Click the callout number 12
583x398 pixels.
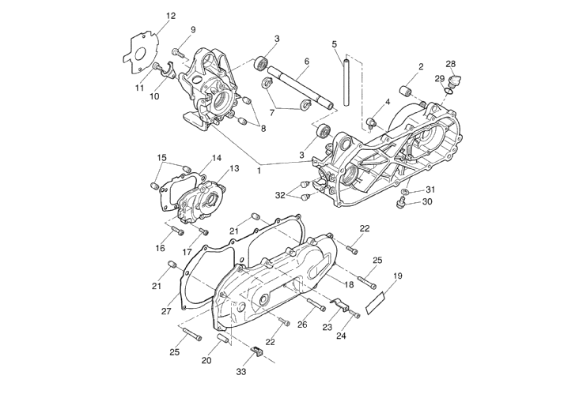coord(171,16)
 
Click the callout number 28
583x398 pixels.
coord(450,64)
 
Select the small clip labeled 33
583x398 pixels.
coord(256,350)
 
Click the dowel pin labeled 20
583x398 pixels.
coord(221,338)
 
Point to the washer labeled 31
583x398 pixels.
coord(405,192)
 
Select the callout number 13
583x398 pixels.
coord(233,168)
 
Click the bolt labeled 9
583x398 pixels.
coord(176,51)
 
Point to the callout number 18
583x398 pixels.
coord(348,284)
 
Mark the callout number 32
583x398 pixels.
coord(280,195)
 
